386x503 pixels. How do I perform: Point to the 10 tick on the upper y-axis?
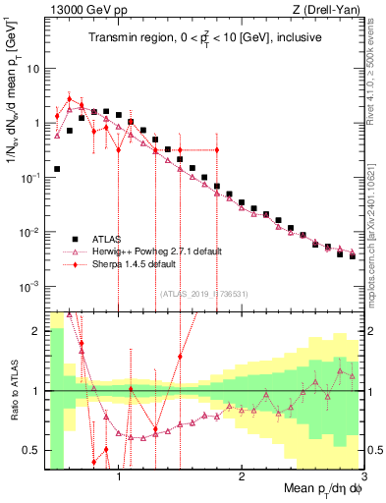(32, 70)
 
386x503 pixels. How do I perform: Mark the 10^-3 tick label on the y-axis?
(30, 287)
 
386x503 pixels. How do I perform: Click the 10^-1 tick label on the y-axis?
(30, 178)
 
